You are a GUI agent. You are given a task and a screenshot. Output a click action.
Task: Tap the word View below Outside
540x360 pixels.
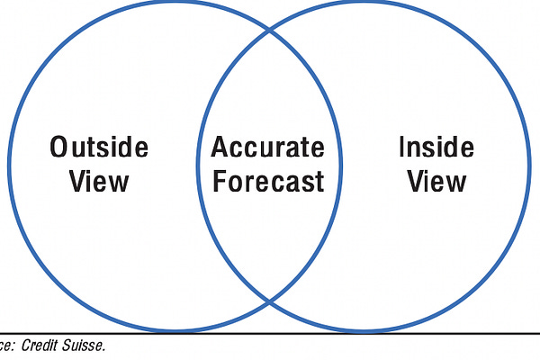tap(100, 182)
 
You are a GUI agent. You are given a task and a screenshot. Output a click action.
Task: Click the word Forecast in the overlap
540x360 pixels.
tap(267, 182)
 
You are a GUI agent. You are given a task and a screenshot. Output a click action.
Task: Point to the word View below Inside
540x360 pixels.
tap(437, 182)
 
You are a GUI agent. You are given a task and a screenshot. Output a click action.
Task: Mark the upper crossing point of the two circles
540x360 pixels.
tap(270, 30)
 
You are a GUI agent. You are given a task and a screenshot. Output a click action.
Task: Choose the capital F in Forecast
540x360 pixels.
tap(218, 182)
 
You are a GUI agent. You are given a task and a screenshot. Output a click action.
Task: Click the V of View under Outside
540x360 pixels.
tap(78, 182)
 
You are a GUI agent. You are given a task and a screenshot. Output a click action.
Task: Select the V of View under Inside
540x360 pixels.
tap(416, 182)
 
